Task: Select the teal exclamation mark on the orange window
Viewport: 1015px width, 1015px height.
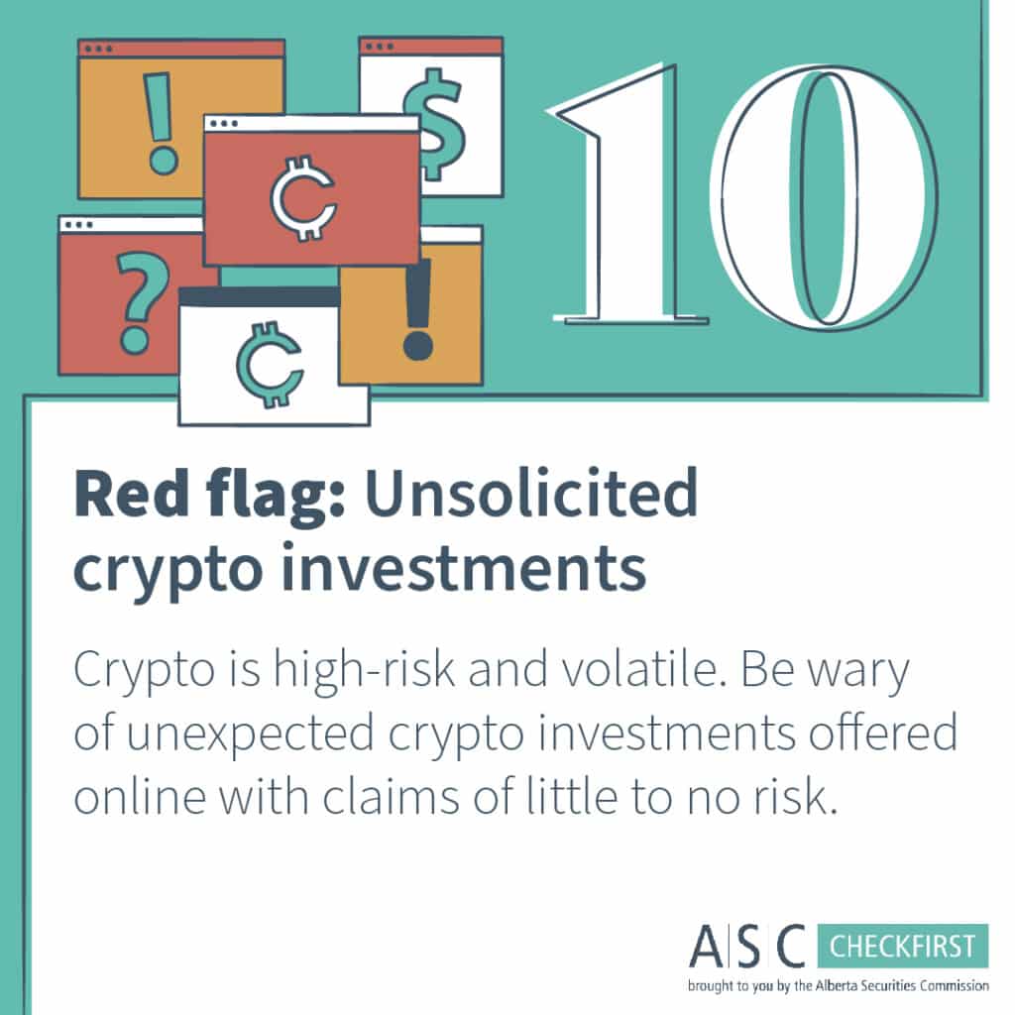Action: point(160,123)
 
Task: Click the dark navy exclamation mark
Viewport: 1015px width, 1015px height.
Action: point(417,309)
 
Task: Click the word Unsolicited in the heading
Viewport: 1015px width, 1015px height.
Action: point(531,494)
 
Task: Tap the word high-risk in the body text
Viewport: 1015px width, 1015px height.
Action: point(364,669)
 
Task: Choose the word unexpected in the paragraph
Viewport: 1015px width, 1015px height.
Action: point(250,734)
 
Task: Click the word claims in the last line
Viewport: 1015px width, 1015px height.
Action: point(391,796)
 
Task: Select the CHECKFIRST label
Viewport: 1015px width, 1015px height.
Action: point(902,947)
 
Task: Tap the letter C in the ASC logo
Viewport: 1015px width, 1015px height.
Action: point(791,946)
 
